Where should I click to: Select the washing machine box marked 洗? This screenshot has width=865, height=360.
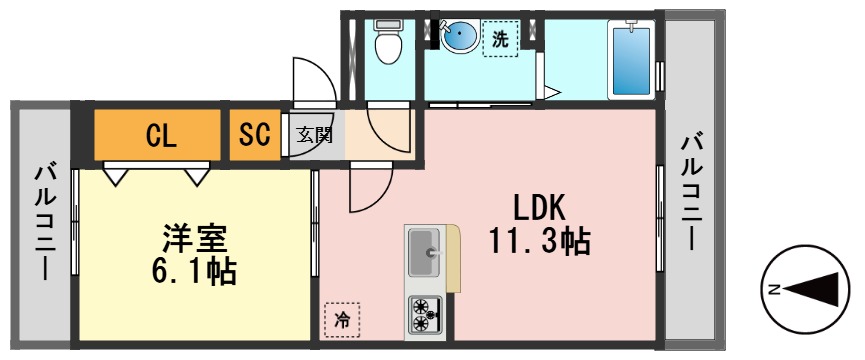coord(501,40)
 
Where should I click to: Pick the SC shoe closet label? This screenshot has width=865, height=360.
coord(255,135)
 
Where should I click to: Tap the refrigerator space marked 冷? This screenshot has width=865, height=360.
coord(343,320)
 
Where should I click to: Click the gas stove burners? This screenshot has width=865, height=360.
coord(426,314)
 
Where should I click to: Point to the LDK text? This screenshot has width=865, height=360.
coord(540,207)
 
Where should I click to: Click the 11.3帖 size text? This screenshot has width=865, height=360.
coord(539,241)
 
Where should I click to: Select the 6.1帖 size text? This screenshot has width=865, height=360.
coord(195,270)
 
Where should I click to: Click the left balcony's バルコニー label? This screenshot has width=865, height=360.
coord(45,222)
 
